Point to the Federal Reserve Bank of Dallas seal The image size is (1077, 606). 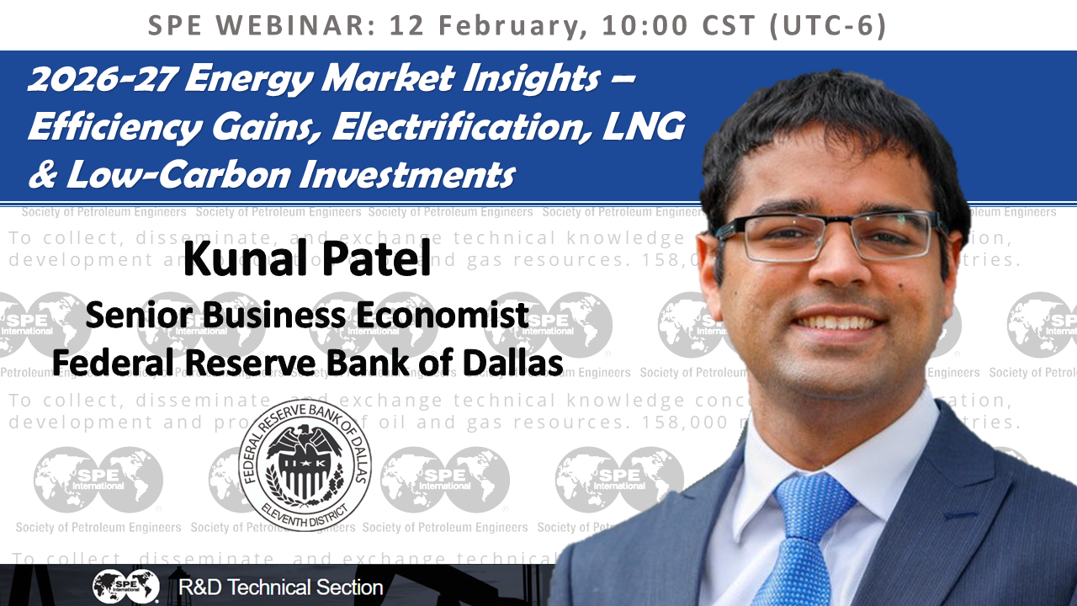click(x=305, y=463)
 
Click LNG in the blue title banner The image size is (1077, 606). click(x=648, y=127)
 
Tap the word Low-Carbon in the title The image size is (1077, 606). click(x=155, y=174)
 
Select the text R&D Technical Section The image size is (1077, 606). click(x=281, y=587)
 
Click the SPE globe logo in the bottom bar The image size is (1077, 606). click(x=125, y=587)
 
